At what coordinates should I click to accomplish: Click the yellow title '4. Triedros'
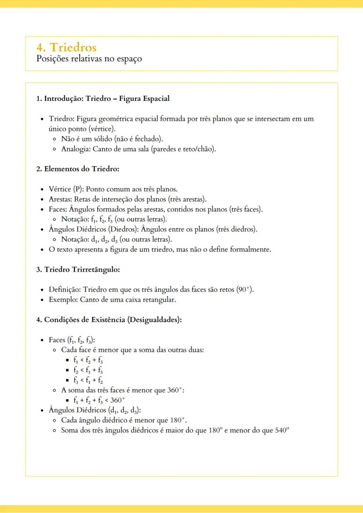[67, 47]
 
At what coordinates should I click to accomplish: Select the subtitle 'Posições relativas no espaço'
[89, 59]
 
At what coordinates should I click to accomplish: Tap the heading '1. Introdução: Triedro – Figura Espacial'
[103, 99]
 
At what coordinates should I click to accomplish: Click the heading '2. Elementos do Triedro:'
[78, 169]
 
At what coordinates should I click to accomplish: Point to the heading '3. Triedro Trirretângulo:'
[78, 269]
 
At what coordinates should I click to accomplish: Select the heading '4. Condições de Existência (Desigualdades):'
[109, 319]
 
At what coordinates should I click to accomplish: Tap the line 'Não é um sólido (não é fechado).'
[112, 139]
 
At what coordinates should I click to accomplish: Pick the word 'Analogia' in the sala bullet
[75, 149]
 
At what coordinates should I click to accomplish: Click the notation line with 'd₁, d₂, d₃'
[116, 240]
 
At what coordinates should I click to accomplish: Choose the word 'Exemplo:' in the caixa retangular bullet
[63, 300]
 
